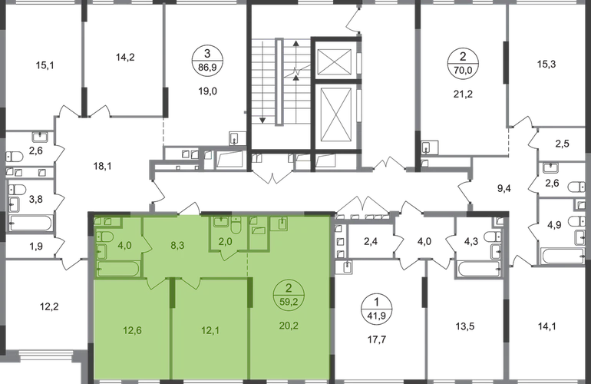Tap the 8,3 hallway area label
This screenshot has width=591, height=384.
tap(176, 247)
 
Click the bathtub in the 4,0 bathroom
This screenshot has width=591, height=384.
tap(119, 269)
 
